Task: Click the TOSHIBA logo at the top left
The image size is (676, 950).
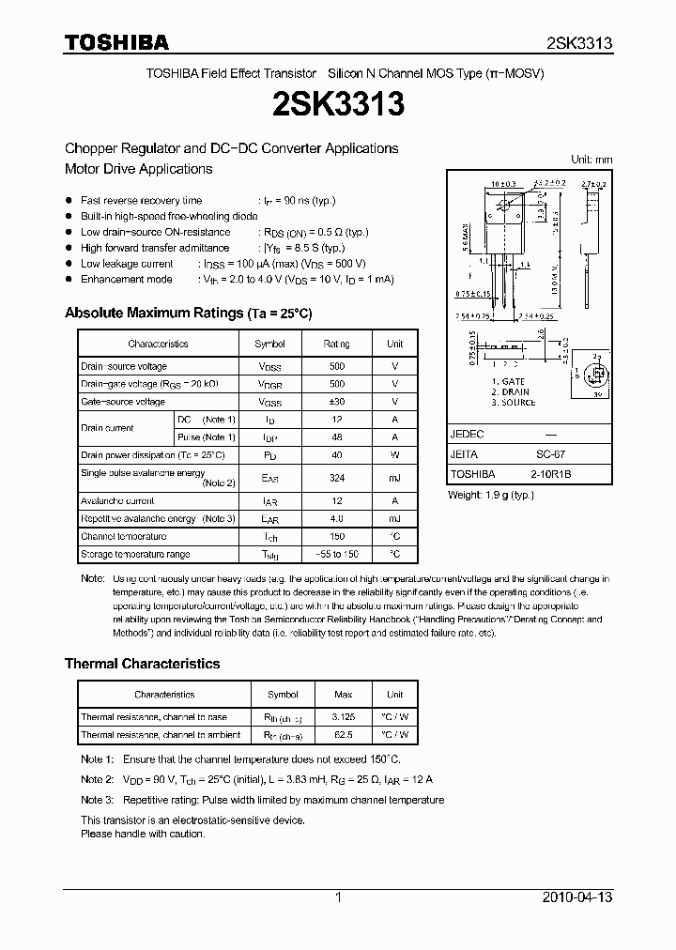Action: (116, 42)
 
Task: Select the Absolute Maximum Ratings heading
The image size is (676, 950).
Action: (188, 313)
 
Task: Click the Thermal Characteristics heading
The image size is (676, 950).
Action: (142, 663)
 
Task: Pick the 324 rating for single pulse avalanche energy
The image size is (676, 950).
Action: (337, 478)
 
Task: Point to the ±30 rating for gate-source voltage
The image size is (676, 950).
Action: (337, 402)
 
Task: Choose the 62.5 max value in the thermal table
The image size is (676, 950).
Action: (343, 735)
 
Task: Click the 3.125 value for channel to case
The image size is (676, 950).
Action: (343, 717)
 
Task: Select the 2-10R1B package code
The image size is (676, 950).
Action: (550, 474)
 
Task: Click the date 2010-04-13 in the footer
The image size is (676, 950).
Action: (577, 897)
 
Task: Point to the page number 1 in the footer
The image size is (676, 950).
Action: (338, 897)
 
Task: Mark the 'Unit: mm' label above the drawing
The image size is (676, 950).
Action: (591, 160)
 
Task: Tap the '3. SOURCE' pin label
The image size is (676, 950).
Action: (513, 403)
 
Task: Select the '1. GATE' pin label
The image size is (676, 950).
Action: (508, 382)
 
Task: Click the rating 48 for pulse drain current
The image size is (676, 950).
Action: (337, 437)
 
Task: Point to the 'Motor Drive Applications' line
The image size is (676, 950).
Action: (138, 169)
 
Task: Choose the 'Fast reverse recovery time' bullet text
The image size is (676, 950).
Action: (141, 201)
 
